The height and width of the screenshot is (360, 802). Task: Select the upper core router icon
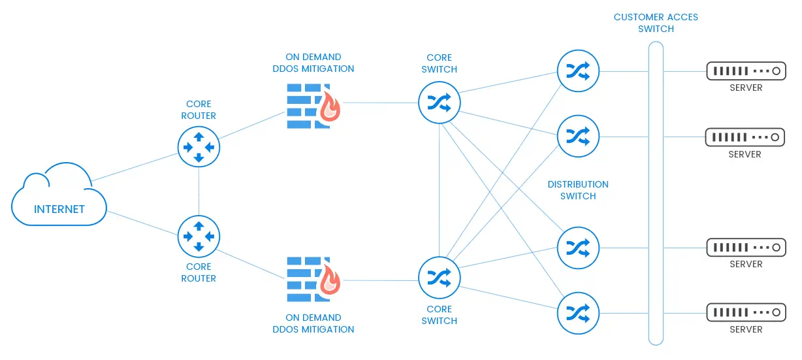click(199, 147)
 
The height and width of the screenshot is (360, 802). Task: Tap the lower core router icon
click(199, 237)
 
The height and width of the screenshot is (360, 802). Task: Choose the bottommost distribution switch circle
click(578, 312)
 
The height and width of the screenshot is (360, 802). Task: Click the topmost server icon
click(745, 71)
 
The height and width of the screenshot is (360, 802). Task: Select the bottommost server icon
click(745, 312)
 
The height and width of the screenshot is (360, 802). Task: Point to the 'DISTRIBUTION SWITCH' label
click(578, 190)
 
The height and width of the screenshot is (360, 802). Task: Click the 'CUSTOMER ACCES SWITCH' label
click(656, 23)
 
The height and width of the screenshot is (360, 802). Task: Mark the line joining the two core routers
click(199, 191)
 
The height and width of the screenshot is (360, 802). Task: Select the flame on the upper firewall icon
click(330, 107)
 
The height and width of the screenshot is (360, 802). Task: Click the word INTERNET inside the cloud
click(59, 210)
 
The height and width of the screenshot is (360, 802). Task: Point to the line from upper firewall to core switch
click(381, 103)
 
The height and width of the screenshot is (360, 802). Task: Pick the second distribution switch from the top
click(578, 137)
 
